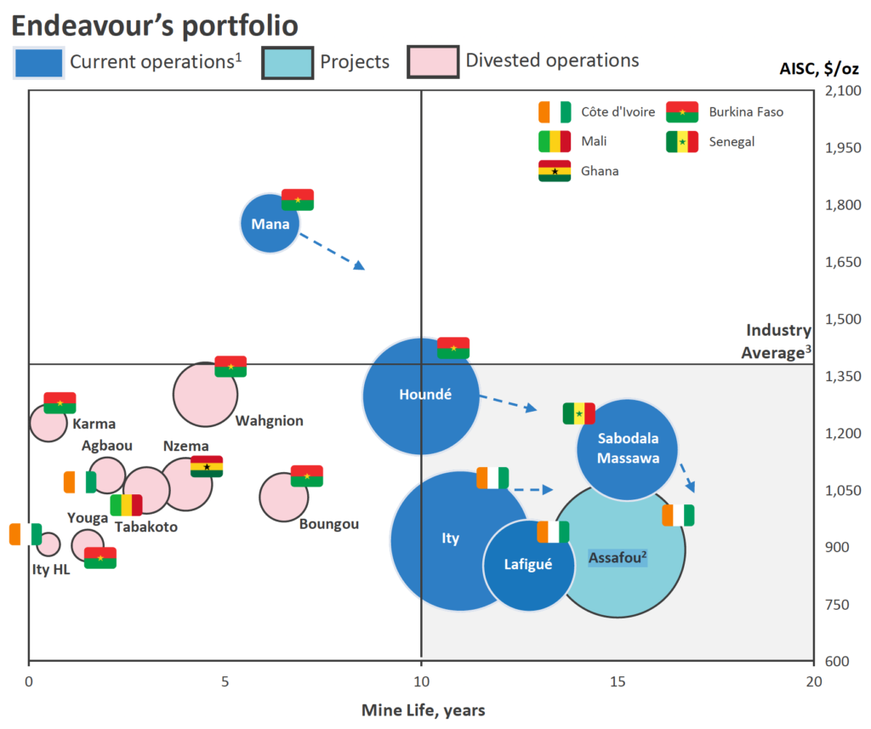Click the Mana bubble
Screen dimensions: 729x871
click(x=270, y=224)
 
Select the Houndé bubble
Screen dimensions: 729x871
click(x=421, y=396)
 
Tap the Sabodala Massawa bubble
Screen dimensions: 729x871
click(x=628, y=448)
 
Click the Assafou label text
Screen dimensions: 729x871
click(x=618, y=558)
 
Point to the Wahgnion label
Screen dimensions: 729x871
click(x=269, y=420)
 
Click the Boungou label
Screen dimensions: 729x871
click(x=328, y=524)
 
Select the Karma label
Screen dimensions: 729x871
click(x=94, y=424)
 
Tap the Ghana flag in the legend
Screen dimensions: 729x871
click(x=555, y=171)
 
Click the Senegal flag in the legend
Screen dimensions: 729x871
click(x=681, y=142)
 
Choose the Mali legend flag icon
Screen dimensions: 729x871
click(x=555, y=142)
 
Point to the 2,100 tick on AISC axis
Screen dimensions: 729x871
click(x=845, y=91)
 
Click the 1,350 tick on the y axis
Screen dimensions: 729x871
click(x=845, y=376)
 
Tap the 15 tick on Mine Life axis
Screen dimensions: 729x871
click(x=618, y=681)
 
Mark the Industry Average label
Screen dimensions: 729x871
click(x=777, y=341)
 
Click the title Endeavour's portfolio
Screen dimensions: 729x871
click(x=154, y=26)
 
